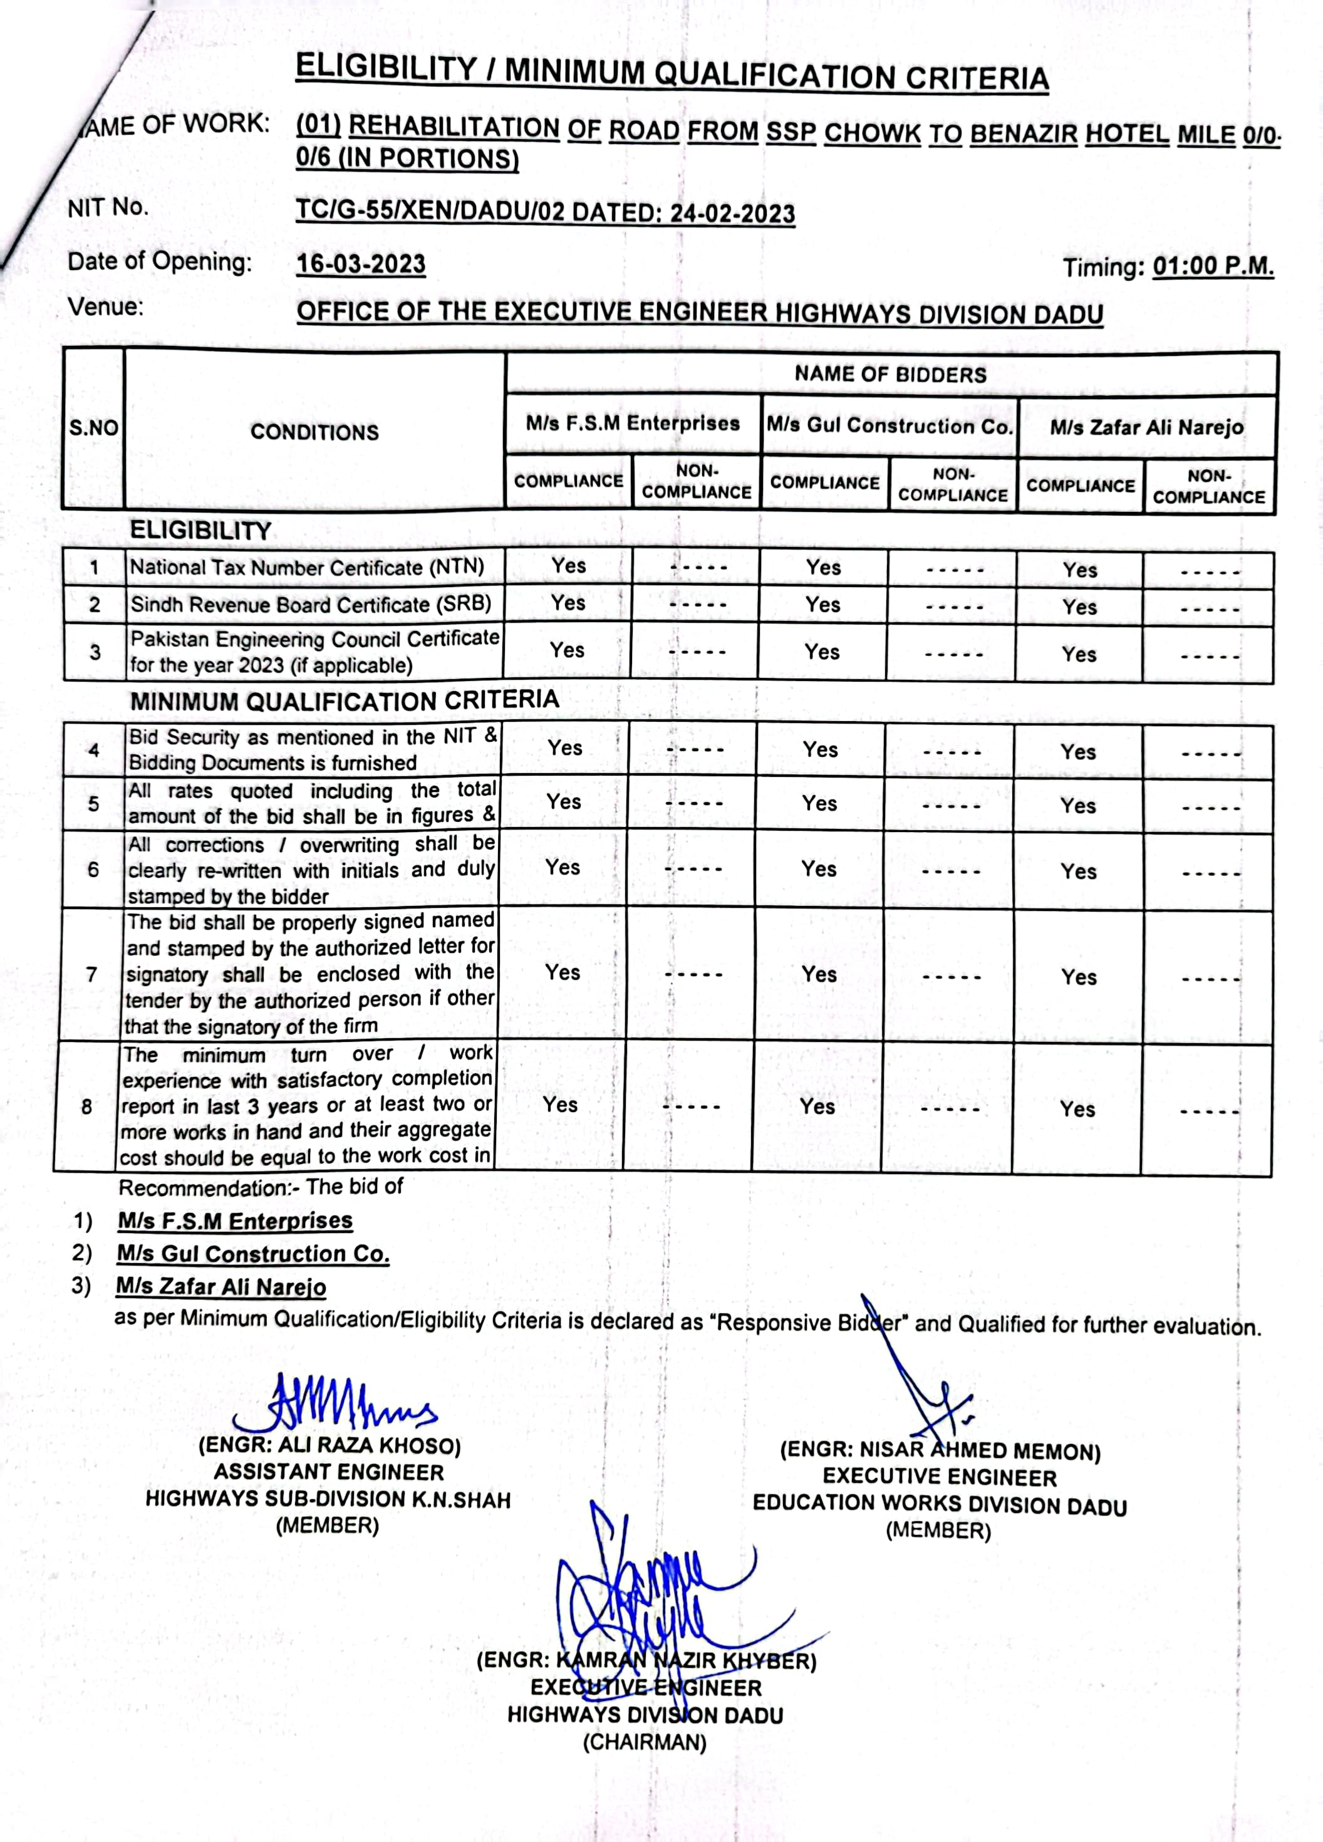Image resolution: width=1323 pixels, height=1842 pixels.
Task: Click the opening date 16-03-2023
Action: (361, 264)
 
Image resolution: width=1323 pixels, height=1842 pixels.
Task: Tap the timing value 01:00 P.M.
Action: (1213, 266)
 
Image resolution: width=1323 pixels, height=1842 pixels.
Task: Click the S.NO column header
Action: (93, 428)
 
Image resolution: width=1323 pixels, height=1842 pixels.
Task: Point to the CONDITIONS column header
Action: (314, 432)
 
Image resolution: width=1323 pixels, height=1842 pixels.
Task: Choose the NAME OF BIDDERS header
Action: (890, 375)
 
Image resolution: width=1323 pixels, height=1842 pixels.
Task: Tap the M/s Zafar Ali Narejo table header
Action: (1146, 427)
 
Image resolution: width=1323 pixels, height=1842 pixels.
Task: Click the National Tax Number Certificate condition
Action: (306, 567)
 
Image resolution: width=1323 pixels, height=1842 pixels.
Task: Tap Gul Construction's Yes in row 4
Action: (820, 749)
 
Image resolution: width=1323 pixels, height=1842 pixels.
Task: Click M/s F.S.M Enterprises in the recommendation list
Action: (235, 1220)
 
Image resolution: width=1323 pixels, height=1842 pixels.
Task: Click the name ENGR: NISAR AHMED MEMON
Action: (940, 1450)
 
